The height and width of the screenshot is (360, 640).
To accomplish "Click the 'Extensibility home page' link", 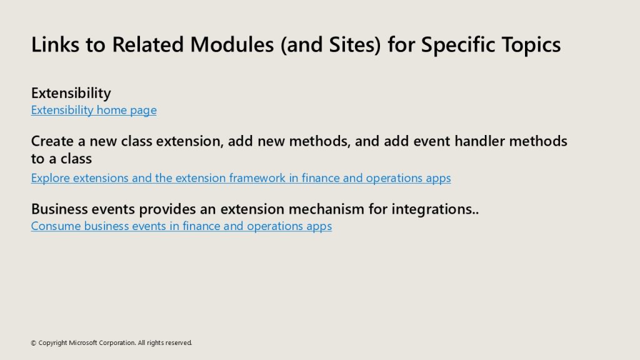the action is (94, 110).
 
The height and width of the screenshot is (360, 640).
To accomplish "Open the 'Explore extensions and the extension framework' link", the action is (241, 178).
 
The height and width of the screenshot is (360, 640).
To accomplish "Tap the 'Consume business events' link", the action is (181, 226).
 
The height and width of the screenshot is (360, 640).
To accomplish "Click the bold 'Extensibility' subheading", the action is (71, 93).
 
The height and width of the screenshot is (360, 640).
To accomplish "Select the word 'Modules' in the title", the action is (232, 44).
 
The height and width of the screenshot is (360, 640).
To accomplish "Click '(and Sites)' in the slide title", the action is (331, 45).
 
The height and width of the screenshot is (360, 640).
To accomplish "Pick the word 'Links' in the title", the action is (55, 44).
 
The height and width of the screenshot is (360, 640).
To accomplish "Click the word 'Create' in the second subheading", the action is (52, 141).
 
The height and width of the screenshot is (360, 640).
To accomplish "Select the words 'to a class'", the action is (62, 159).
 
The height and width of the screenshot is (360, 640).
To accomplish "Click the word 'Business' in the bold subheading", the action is (59, 209).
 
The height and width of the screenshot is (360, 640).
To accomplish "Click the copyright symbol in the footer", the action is (34, 343).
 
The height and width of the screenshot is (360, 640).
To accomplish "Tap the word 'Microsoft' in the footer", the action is (83, 343).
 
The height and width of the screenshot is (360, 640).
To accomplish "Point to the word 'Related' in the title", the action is (147, 44).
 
